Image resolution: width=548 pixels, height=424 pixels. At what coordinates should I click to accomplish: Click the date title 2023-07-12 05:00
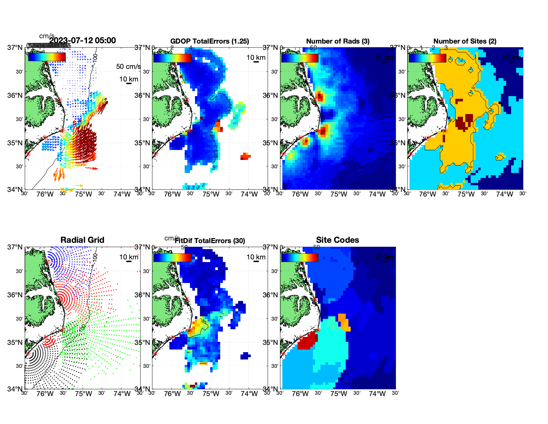coord(82,41)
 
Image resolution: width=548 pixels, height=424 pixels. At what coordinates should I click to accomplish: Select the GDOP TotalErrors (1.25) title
coord(210,41)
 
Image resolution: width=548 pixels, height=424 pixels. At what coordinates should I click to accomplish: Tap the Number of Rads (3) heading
coord(338,41)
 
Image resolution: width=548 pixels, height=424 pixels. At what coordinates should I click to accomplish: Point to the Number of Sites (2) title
coord(465,41)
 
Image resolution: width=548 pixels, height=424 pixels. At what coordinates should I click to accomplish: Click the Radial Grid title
coord(82,240)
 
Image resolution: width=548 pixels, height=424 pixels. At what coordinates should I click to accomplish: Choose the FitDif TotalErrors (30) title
coord(210,241)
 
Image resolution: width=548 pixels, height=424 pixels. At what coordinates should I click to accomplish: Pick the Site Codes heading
coord(337,240)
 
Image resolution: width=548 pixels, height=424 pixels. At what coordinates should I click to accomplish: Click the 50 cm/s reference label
coord(128,67)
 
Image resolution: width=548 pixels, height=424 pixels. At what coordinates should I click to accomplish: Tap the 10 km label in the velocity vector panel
coord(129,79)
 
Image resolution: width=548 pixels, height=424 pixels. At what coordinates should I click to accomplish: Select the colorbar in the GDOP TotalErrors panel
coord(172,58)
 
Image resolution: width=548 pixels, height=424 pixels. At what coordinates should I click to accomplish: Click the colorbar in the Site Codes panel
coord(300,257)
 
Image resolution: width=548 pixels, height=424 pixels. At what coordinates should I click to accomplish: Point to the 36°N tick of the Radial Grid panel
coord(15,295)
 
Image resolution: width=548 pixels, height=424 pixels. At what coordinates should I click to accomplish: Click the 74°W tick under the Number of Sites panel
coord(504,194)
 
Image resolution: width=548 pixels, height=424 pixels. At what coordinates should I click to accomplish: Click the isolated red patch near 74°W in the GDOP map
coord(245,156)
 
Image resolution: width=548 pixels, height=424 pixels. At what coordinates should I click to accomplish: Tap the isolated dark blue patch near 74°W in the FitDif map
coord(245,356)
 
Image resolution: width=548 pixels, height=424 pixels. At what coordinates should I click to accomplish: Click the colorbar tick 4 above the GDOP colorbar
coord(191,48)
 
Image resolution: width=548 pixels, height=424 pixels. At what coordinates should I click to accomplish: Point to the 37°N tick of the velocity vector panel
coord(15,48)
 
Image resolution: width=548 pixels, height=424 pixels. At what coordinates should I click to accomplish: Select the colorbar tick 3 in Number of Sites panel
coord(446,48)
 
